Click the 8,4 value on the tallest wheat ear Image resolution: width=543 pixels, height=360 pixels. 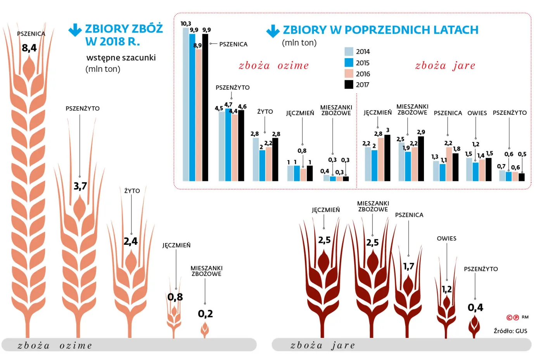(29, 48)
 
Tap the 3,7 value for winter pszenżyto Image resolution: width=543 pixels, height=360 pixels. (80, 186)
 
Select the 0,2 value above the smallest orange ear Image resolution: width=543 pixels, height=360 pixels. (205, 313)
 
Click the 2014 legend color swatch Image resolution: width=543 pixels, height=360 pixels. (349, 52)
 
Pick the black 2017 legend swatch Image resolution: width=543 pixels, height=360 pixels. (349, 85)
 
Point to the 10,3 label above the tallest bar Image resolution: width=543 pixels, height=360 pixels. (186, 24)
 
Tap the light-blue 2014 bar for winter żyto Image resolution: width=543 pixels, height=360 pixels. (256, 159)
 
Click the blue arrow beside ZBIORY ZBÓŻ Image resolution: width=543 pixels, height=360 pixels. (75, 30)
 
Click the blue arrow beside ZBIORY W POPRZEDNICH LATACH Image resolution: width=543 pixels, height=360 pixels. (273, 31)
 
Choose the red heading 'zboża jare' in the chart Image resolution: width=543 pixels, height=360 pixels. (445, 66)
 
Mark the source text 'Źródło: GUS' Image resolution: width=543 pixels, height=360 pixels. (510, 331)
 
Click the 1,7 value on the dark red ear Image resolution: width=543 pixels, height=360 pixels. (408, 266)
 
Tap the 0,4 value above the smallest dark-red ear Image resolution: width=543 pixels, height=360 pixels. (475, 308)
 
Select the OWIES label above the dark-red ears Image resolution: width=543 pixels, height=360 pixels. (446, 239)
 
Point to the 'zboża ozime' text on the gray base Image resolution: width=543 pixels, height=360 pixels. (55, 345)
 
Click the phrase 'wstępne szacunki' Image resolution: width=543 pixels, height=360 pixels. (121, 58)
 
